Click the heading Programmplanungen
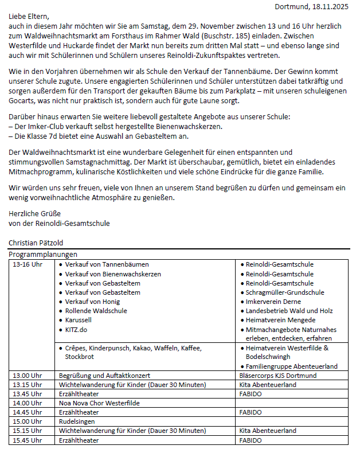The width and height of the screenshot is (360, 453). point(43,254)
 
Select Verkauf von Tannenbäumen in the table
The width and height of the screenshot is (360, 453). point(107,264)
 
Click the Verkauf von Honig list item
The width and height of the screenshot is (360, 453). point(92,302)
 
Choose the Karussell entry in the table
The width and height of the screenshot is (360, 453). point(79,320)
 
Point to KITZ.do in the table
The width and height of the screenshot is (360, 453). point(76,330)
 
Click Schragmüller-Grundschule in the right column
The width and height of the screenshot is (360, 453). point(285,292)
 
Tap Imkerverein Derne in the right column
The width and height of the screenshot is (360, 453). point(273,302)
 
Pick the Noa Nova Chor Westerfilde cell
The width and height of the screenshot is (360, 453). point(100,403)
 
